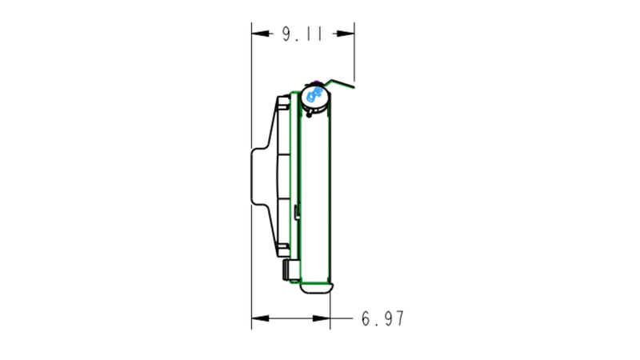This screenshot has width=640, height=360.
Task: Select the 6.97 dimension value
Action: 382,319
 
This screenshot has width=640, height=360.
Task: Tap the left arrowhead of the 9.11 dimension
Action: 258,34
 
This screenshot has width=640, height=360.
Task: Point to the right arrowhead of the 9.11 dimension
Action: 348,34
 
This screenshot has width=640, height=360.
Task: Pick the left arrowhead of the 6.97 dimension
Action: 258,319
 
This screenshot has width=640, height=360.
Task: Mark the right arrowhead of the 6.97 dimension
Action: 324,319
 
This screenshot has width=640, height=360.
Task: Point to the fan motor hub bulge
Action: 258,177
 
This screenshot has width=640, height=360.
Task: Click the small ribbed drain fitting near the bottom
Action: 288,270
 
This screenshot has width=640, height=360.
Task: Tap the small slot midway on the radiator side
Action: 297,211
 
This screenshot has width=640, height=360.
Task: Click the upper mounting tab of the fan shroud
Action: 282,104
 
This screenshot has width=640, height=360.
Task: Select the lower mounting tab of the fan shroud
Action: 282,249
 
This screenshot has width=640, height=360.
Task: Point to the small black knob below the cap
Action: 308,114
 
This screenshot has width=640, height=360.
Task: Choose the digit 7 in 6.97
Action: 398,319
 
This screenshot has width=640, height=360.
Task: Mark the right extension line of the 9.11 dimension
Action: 354,56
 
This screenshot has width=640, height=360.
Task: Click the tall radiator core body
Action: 317,192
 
